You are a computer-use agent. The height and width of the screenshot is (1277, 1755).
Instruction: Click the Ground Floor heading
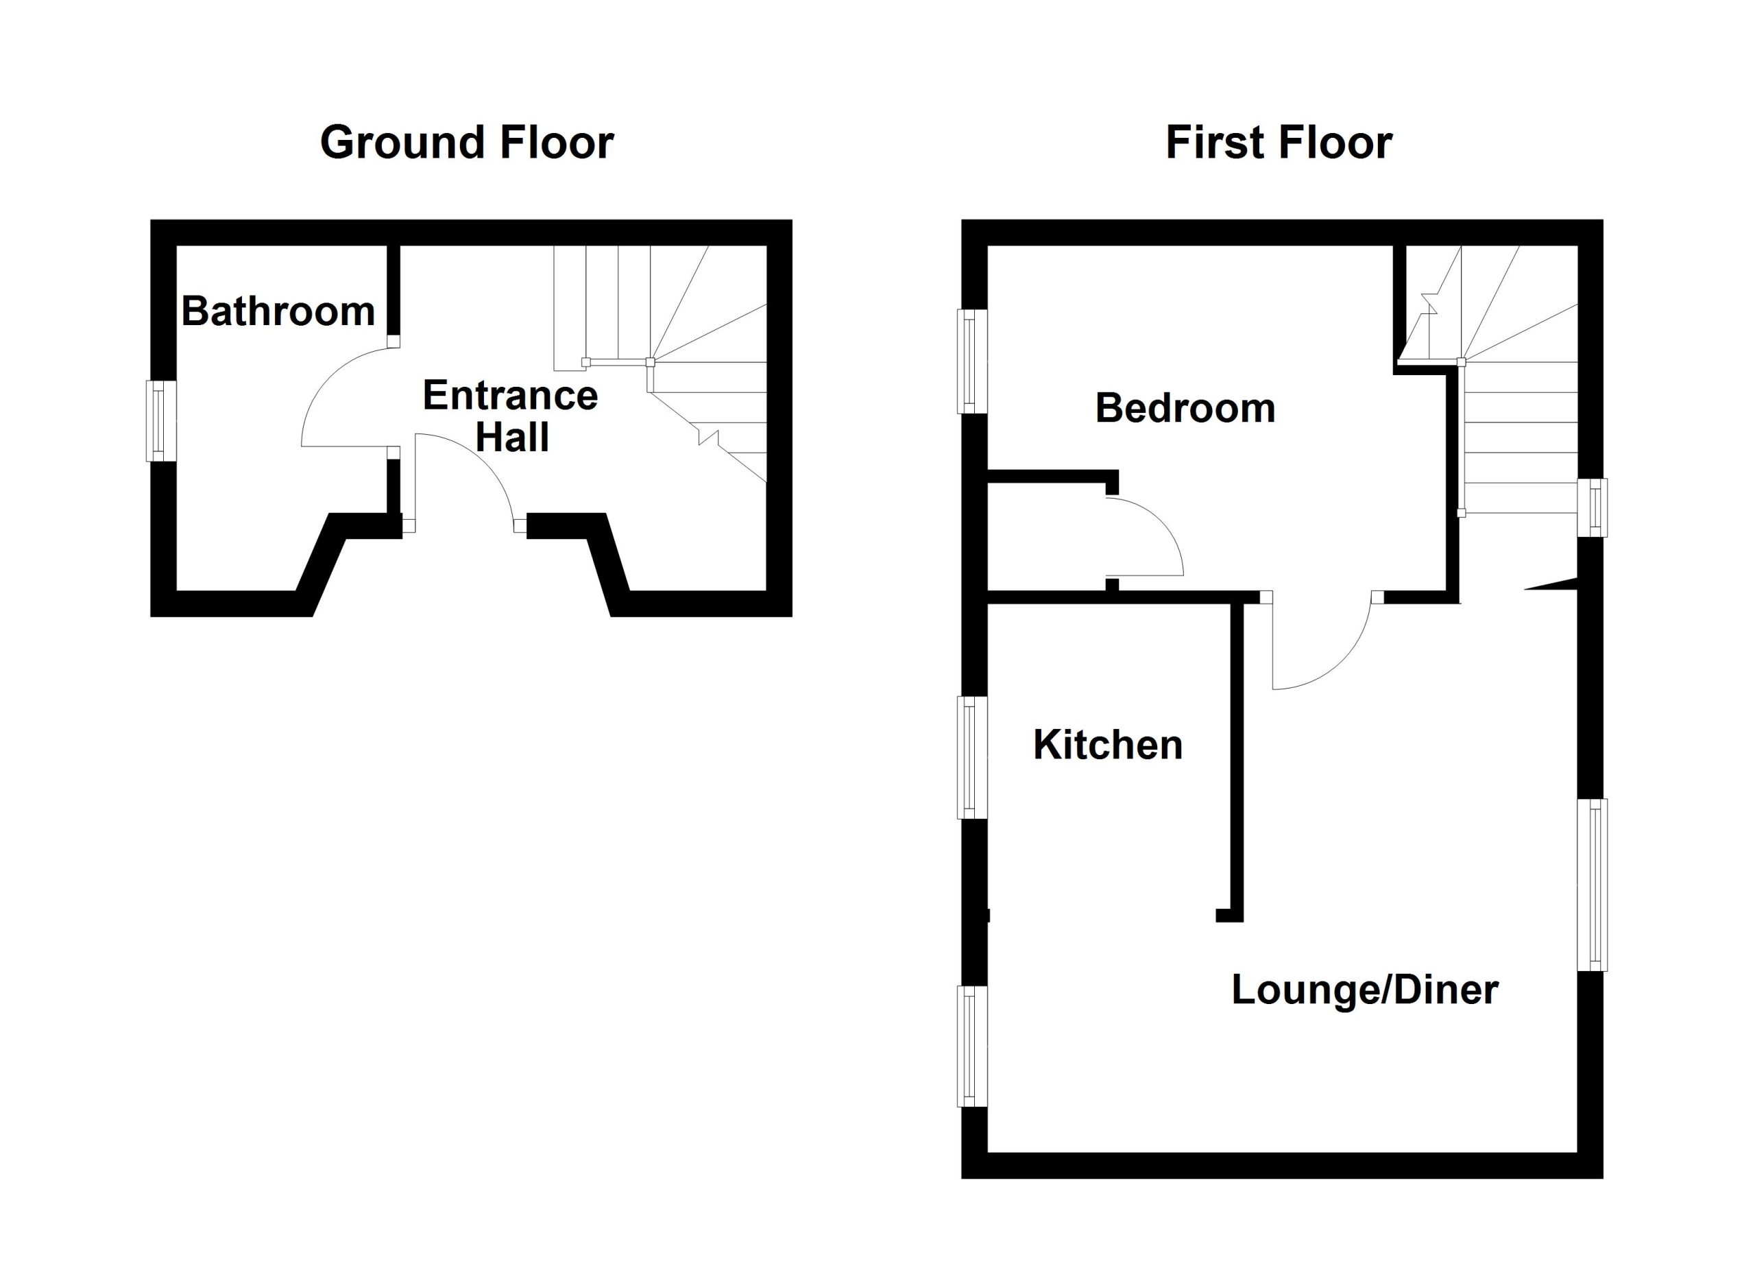(x=467, y=143)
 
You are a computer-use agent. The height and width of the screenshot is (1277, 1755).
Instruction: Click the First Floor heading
(x=1279, y=143)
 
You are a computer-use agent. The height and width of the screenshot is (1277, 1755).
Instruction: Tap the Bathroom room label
(x=278, y=311)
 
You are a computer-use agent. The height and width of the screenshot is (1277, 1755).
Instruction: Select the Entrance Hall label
(x=511, y=416)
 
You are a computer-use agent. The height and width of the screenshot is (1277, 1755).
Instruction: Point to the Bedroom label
(x=1185, y=408)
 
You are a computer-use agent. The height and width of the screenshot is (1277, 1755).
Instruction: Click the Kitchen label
(x=1108, y=745)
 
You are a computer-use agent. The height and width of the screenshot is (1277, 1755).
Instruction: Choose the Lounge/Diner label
(x=1365, y=990)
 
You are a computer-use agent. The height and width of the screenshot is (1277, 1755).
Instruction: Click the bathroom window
(x=161, y=421)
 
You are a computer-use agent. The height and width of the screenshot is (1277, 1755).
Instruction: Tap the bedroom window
(x=973, y=361)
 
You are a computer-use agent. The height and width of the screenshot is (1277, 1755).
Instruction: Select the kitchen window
(x=973, y=757)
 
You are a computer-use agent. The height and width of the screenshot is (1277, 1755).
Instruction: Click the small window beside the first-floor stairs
(x=1593, y=508)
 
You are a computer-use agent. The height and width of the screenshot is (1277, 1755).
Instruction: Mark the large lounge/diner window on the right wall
(x=1593, y=885)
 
